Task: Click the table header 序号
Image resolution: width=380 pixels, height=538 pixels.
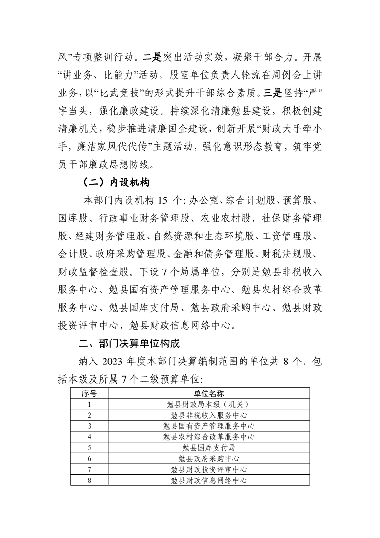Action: point(89,393)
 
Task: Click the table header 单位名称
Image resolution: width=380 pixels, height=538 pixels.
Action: point(208,393)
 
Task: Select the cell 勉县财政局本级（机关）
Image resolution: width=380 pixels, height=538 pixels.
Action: point(208,404)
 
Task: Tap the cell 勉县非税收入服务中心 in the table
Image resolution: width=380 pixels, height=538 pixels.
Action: point(208,414)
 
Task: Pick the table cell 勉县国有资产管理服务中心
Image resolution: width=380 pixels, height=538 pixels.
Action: point(208,425)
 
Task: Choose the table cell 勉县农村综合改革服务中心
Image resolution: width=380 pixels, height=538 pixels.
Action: point(208,436)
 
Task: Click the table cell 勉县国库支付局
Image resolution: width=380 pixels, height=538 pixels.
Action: point(208,447)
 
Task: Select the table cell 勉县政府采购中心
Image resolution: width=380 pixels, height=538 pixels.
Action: point(208,458)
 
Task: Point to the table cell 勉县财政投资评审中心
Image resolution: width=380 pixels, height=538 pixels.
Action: point(208,469)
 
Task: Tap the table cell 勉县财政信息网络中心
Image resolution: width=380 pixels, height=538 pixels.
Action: point(208,480)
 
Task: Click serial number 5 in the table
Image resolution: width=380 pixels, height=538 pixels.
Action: point(89,447)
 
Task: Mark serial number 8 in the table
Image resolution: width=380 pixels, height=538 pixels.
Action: point(89,480)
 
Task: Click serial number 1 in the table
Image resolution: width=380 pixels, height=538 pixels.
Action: point(89,404)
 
